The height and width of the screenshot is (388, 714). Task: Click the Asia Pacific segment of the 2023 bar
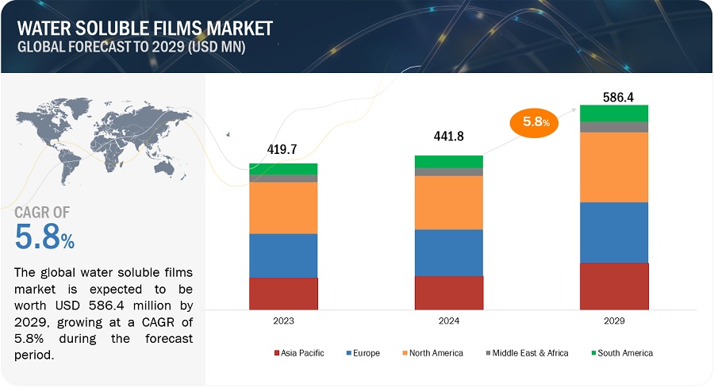[283, 293]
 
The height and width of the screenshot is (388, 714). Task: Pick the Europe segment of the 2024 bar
[448, 252]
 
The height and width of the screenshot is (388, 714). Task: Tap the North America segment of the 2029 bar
[614, 167]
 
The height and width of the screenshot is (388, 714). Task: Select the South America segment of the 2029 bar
[614, 113]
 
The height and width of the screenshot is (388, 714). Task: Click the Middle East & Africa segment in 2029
[614, 127]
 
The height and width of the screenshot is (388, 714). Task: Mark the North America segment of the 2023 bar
[283, 208]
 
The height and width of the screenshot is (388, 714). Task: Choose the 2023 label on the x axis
[283, 321]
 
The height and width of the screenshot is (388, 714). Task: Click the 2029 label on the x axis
[614, 321]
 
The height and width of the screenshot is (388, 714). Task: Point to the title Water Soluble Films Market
[144, 29]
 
